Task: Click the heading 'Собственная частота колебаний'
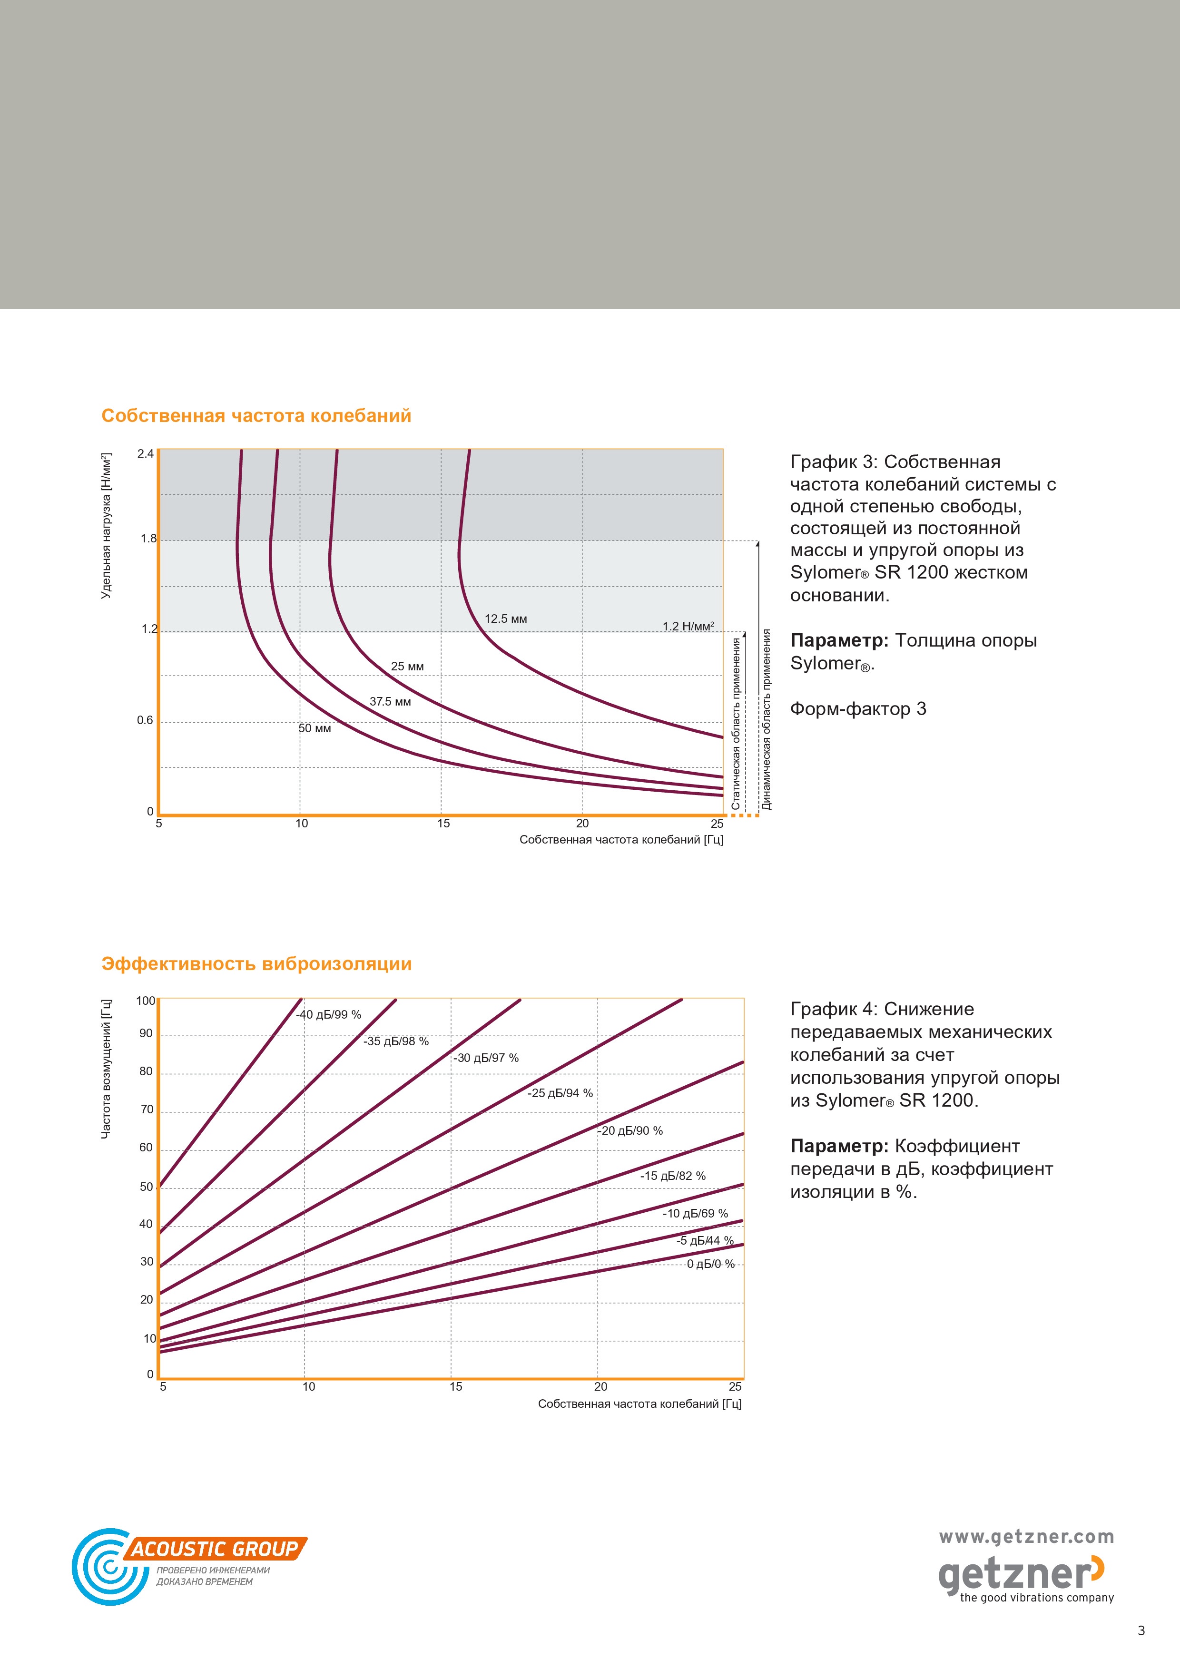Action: point(256,416)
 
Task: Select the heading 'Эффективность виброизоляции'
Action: point(256,964)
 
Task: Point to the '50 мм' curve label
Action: point(315,728)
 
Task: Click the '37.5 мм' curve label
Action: point(391,701)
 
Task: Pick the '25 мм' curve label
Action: point(407,667)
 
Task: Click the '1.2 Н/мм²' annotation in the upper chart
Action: point(688,626)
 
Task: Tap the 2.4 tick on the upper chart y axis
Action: point(146,454)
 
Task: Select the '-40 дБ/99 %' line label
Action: point(329,1015)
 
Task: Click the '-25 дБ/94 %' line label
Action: point(560,1093)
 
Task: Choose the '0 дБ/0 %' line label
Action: point(711,1264)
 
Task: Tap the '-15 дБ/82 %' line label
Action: point(672,1176)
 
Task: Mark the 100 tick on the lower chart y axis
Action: point(146,1001)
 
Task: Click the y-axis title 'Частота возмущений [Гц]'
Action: point(106,1069)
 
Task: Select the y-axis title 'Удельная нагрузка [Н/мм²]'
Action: point(106,526)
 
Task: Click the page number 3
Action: point(1141,1630)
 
